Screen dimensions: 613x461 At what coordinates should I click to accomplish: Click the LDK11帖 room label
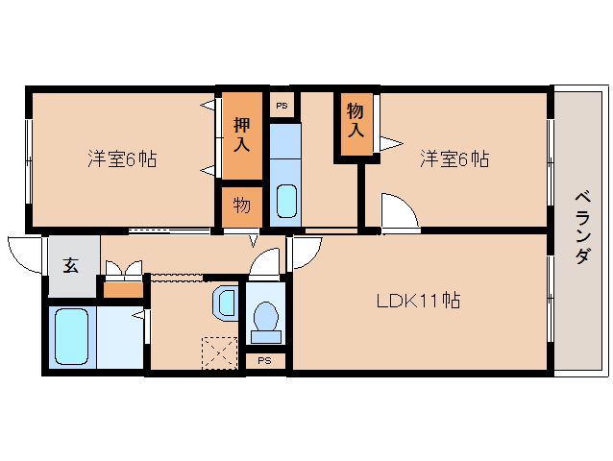(418, 301)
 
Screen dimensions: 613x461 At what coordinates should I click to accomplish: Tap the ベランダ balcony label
(582, 228)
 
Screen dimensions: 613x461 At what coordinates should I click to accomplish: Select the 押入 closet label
(241, 134)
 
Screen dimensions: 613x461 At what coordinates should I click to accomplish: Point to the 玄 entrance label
(71, 265)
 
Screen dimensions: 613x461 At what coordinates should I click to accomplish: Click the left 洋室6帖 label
(122, 159)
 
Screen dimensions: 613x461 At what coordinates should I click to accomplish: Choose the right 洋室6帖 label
(454, 159)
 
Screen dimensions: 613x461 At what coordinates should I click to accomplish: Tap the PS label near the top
(282, 106)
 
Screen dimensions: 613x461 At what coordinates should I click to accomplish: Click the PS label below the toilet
(264, 360)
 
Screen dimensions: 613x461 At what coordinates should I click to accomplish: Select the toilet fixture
(266, 323)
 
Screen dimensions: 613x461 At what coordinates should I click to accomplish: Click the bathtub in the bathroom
(71, 337)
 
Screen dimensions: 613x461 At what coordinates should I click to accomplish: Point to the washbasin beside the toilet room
(225, 303)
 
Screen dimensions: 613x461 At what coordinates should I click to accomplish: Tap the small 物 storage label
(242, 206)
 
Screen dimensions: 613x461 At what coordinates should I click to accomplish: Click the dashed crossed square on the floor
(219, 353)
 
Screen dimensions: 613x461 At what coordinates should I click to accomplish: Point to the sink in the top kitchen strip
(286, 201)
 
